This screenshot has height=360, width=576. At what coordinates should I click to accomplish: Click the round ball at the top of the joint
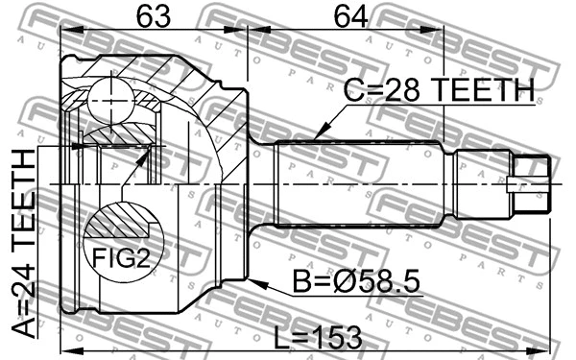pyautogui.click(x=110, y=95)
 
